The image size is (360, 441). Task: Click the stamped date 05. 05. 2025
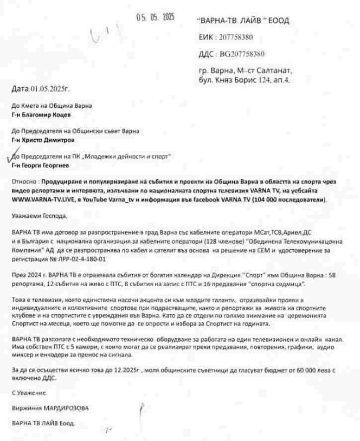pyautogui.click(x=155, y=17)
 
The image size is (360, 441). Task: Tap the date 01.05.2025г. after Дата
pyautogui.click(x=52, y=88)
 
